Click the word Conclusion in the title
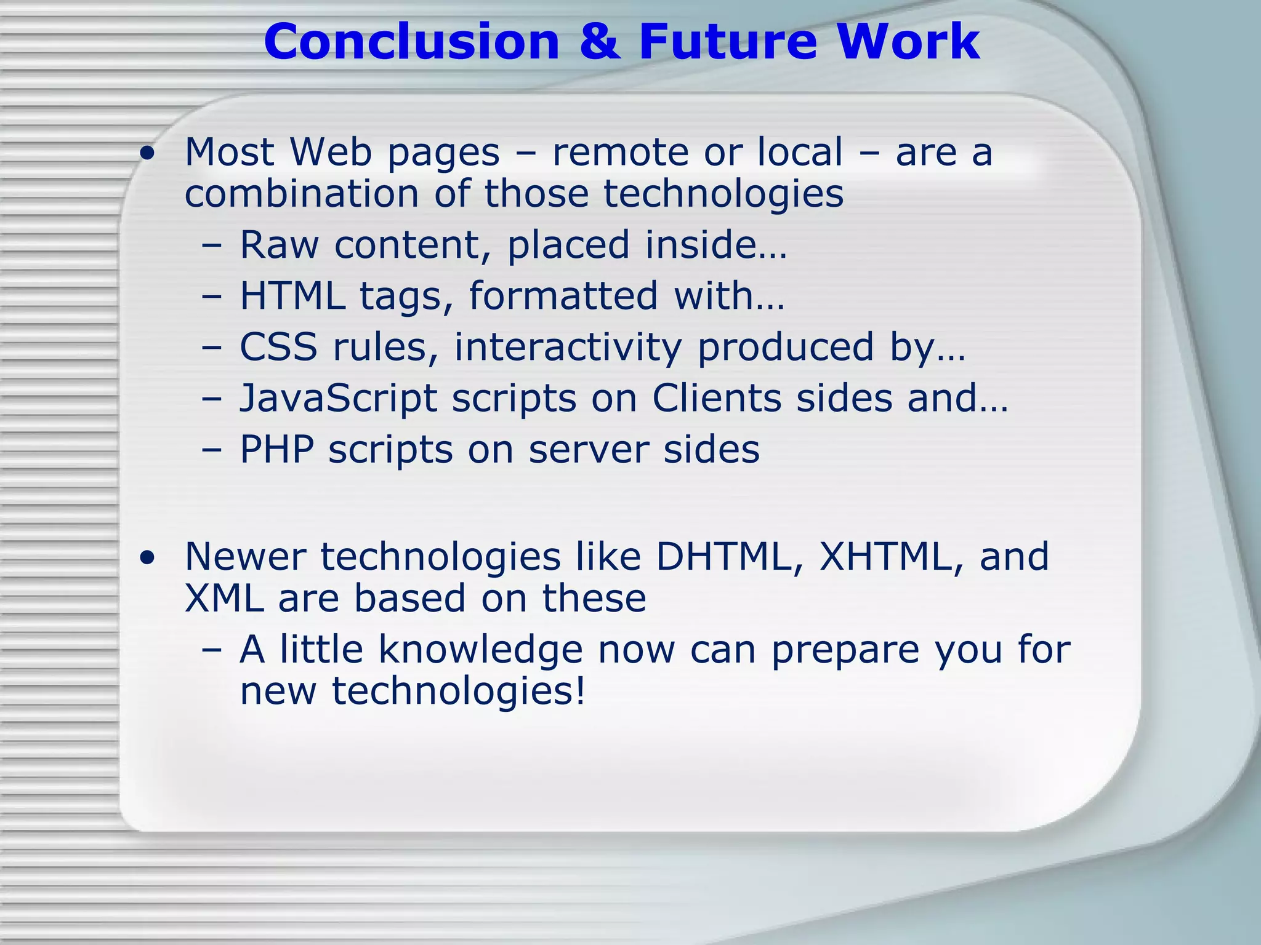pos(411,42)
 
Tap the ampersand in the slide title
pos(598,42)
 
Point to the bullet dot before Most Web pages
pos(147,154)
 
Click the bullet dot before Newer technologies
pos(147,558)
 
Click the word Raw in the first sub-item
pos(279,245)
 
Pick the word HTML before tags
pos(292,296)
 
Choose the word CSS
pos(278,347)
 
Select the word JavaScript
pos(338,399)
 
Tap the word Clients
pos(716,398)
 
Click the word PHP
pos(276,449)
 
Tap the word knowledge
pos(480,650)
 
